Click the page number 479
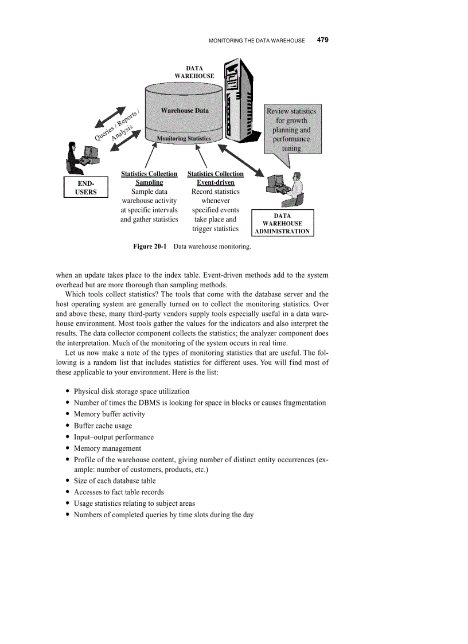(322, 40)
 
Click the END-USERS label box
(86, 188)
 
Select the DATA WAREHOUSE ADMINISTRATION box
(283, 224)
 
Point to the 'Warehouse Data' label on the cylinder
(185, 110)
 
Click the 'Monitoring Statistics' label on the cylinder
(184, 138)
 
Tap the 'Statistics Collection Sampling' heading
(149, 178)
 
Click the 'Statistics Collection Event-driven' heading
(216, 178)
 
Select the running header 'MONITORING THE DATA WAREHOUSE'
(256, 41)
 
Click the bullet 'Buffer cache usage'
(103, 426)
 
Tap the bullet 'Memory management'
(107, 448)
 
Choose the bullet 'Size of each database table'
(115, 481)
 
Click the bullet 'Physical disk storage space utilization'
(131, 391)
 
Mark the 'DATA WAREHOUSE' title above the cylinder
(194, 72)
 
